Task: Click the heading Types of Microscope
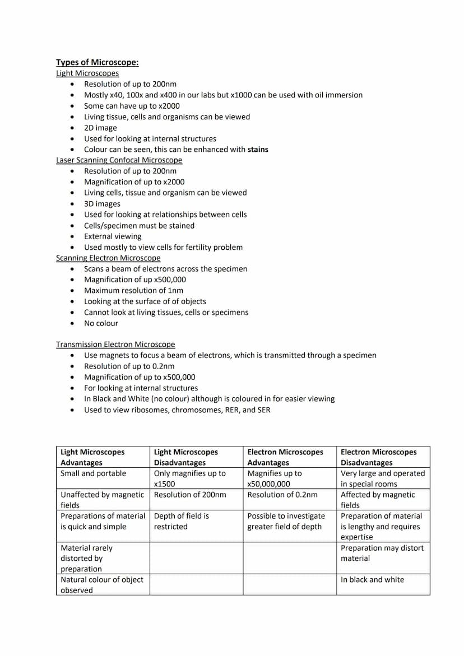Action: (x=97, y=62)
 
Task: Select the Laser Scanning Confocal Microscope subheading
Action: (x=119, y=160)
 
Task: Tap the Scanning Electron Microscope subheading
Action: (x=108, y=258)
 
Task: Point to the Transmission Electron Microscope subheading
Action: (x=115, y=345)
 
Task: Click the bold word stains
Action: (x=258, y=150)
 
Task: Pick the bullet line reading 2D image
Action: (x=100, y=128)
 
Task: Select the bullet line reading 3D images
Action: (x=102, y=204)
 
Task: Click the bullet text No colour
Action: (x=101, y=323)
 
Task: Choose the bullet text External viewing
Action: (x=113, y=236)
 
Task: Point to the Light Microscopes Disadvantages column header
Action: (x=186, y=457)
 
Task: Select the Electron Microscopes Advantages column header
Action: (x=285, y=457)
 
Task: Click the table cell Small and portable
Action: (x=93, y=473)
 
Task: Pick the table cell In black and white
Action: (x=372, y=580)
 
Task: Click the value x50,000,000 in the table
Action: (x=269, y=484)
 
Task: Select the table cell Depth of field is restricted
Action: (x=182, y=521)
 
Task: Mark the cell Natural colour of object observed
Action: (x=101, y=585)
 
